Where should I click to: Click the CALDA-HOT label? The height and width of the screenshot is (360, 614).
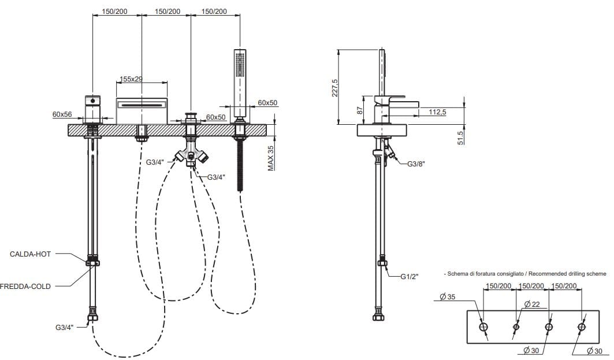[30, 254]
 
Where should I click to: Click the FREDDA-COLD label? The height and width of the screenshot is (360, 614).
[25, 287]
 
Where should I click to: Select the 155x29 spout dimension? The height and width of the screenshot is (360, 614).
[131, 79]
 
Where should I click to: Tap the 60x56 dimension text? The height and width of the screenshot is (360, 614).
[62, 114]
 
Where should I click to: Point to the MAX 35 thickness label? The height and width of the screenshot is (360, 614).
[271, 158]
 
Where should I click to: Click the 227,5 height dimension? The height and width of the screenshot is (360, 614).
[334, 88]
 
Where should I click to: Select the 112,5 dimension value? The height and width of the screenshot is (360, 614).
[437, 112]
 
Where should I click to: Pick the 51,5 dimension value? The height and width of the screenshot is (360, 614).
[460, 138]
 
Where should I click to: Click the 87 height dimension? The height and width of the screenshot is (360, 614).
[360, 110]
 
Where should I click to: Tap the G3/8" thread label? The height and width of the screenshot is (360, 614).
[416, 164]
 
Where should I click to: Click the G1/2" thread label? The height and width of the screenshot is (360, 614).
[409, 277]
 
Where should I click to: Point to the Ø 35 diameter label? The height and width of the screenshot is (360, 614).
[448, 297]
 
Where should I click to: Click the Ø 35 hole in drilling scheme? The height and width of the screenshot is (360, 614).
[483, 326]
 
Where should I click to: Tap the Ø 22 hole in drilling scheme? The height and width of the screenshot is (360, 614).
[516, 326]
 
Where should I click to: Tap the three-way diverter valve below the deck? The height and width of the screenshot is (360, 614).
[191, 156]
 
